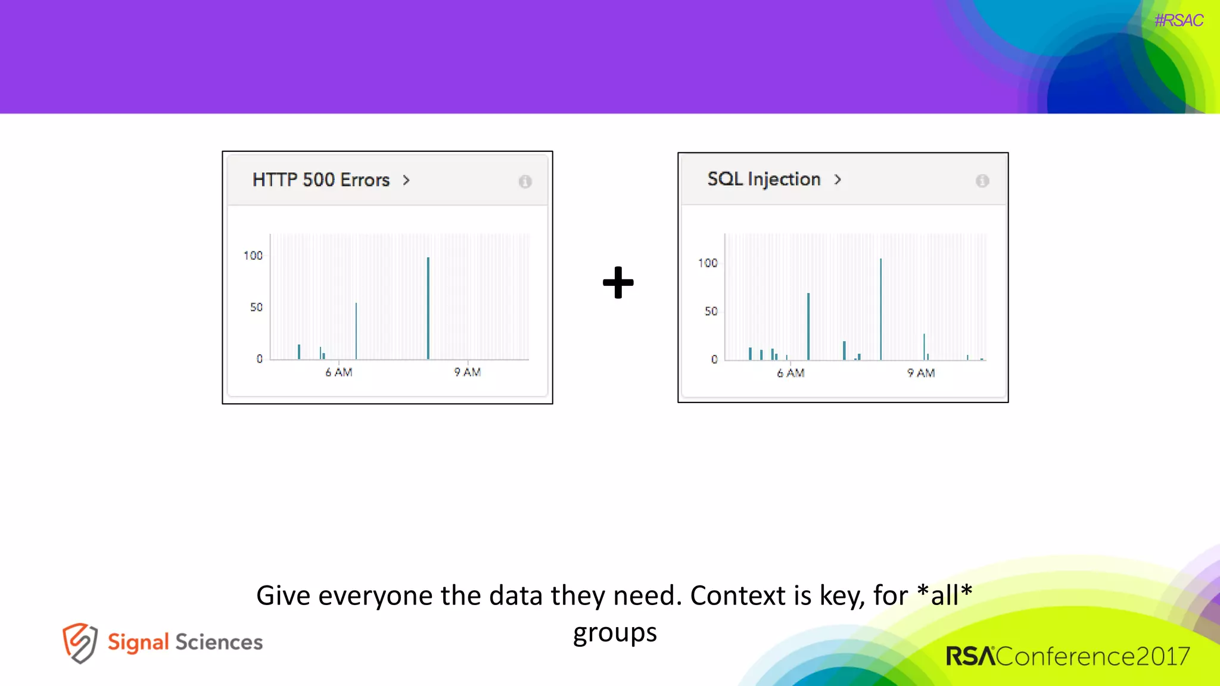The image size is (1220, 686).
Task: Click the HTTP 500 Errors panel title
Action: [x=320, y=180]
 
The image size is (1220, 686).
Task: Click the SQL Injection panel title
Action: [x=764, y=179]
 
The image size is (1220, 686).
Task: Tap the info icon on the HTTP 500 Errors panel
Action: [x=525, y=182]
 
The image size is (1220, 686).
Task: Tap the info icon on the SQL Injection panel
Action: [x=982, y=181]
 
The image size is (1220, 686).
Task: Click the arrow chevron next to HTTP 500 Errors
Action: [x=406, y=180]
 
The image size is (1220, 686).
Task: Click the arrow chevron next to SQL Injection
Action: [x=838, y=179]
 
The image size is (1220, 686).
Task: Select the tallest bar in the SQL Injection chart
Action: [x=880, y=310]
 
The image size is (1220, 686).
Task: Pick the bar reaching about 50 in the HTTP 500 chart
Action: [x=356, y=331]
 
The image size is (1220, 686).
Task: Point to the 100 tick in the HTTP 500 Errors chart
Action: [x=253, y=255]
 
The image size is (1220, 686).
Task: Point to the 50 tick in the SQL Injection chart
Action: [x=711, y=311]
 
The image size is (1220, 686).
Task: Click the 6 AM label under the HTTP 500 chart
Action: [x=339, y=372]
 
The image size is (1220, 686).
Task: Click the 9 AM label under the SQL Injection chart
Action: [x=921, y=373]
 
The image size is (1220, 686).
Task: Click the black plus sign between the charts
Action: [x=618, y=282]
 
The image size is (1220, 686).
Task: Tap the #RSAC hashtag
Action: [x=1178, y=21]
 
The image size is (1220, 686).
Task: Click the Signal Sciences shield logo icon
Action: [x=80, y=643]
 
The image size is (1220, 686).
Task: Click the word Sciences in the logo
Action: [x=219, y=642]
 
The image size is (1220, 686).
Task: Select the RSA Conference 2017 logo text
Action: [x=1067, y=656]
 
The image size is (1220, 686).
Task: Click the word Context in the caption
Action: [x=738, y=595]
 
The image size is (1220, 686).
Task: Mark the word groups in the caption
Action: [x=615, y=633]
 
